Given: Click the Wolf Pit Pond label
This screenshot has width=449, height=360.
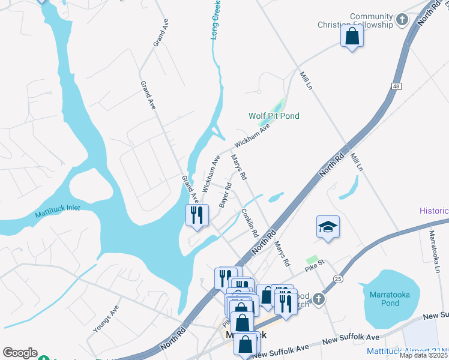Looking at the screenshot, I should pyautogui.click(x=274, y=116).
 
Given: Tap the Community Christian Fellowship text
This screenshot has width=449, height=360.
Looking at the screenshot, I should pyautogui.click(x=358, y=20).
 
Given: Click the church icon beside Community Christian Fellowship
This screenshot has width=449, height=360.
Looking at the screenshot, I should pyautogui.click(x=402, y=20).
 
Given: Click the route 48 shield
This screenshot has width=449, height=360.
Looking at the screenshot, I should pyautogui.click(x=396, y=86).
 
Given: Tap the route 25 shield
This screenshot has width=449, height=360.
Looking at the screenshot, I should pyautogui.click(x=338, y=278).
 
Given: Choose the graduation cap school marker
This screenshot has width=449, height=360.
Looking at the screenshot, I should pyautogui.click(x=328, y=227).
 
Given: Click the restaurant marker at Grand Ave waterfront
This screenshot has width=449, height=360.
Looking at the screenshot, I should pyautogui.click(x=197, y=215).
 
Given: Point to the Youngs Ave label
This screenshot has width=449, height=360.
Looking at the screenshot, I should pyautogui.click(x=106, y=320).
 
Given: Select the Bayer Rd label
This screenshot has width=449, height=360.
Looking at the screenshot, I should pyautogui.click(x=225, y=196).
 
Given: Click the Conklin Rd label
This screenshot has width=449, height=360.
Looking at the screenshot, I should pyautogui.click(x=249, y=221).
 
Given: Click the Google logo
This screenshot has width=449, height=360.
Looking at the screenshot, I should pyautogui.click(x=20, y=353).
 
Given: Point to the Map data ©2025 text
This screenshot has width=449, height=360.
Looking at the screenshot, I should pyautogui.click(x=423, y=355).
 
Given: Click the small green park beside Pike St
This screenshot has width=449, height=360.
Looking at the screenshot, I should pyautogui.click(x=312, y=259).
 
